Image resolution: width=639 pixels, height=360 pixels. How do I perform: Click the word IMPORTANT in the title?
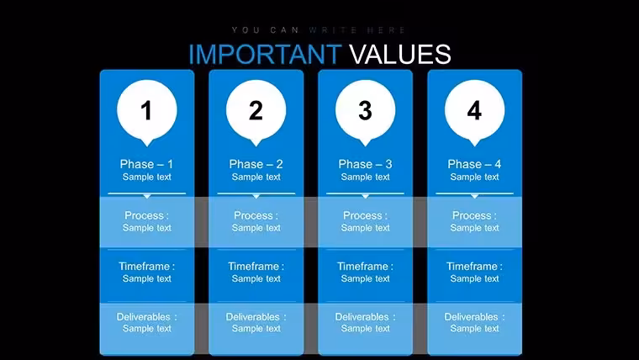[265, 54]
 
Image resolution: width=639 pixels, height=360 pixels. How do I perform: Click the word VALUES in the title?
[400, 54]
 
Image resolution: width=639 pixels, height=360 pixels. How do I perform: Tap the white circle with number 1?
[147, 110]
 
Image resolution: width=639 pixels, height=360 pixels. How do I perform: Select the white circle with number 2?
[256, 110]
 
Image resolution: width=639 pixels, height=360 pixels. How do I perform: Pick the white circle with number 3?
[365, 110]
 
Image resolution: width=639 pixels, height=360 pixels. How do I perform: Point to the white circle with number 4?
[474, 110]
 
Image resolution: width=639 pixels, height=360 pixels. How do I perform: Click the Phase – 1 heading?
[146, 164]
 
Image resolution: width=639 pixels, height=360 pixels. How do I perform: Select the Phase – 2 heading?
[256, 164]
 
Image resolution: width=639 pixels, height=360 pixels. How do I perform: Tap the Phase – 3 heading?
[365, 164]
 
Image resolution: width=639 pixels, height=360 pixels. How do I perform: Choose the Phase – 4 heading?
[474, 164]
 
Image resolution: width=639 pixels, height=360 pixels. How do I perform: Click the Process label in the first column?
[146, 215]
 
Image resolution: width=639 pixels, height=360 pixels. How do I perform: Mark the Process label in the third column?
[365, 215]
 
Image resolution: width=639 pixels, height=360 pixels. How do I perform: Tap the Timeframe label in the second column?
[256, 267]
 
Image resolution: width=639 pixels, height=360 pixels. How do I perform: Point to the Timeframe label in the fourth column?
[474, 267]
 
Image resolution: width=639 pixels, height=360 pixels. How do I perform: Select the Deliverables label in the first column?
[146, 317]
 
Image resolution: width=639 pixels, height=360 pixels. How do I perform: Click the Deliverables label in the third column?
[365, 317]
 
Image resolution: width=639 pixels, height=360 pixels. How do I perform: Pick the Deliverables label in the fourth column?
[474, 317]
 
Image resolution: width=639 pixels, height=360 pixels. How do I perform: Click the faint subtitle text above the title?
[319, 30]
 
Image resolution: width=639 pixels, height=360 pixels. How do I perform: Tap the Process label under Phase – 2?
[256, 215]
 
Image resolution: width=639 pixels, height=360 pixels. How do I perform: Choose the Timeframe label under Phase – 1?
[146, 267]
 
